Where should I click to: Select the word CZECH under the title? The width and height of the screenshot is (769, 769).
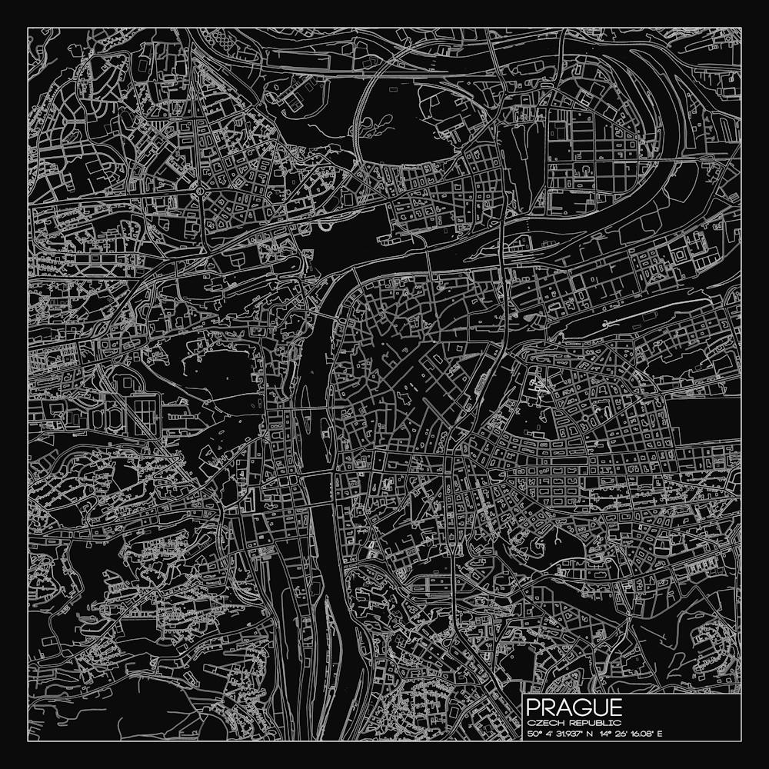point(542,723)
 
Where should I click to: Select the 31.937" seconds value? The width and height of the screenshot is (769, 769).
point(572,734)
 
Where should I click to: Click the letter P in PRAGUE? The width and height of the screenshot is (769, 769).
point(534,707)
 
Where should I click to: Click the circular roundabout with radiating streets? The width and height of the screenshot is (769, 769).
point(200,189)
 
